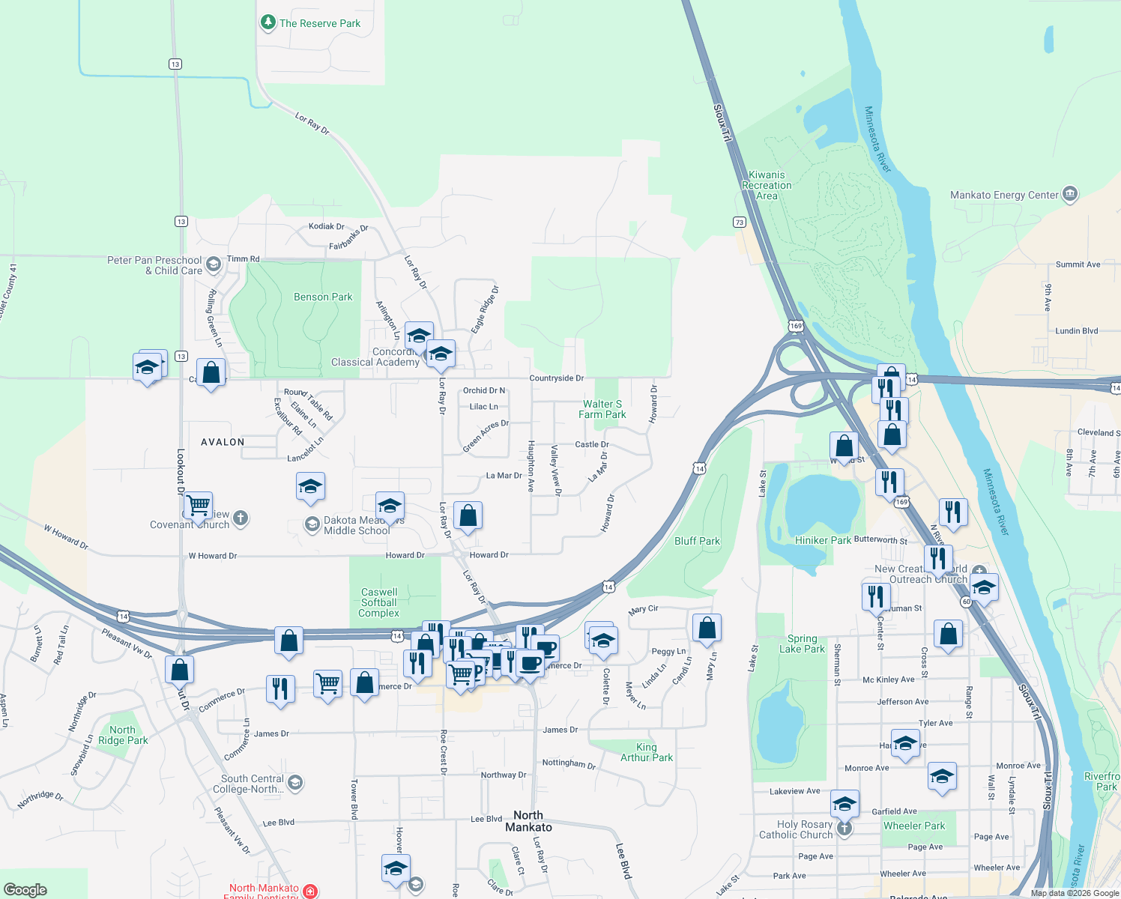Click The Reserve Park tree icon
pyautogui.click(x=268, y=22)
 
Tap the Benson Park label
pyautogui.click(x=322, y=297)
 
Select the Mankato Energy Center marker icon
pyautogui.click(x=1070, y=195)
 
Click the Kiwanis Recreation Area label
pyautogui.click(x=767, y=185)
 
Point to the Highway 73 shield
pyautogui.click(x=740, y=222)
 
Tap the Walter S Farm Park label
pyautogui.click(x=602, y=409)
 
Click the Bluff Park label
pyautogui.click(x=697, y=541)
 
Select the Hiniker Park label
pyautogui.click(x=823, y=540)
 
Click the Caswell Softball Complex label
pyautogui.click(x=379, y=602)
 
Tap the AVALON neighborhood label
pyautogui.click(x=223, y=442)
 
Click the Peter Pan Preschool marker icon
pyautogui.click(x=214, y=264)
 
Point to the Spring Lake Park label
pyautogui.click(x=802, y=644)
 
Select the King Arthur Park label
pyautogui.click(x=646, y=752)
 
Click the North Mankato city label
pyautogui.click(x=528, y=821)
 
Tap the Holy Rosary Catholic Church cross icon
pyautogui.click(x=844, y=829)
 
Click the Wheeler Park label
pyautogui.click(x=914, y=826)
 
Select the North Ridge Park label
pyautogui.click(x=123, y=735)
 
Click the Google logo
pyautogui.click(x=25, y=889)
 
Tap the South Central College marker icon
pyautogui.click(x=295, y=784)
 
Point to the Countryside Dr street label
pyautogui.click(x=556, y=378)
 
